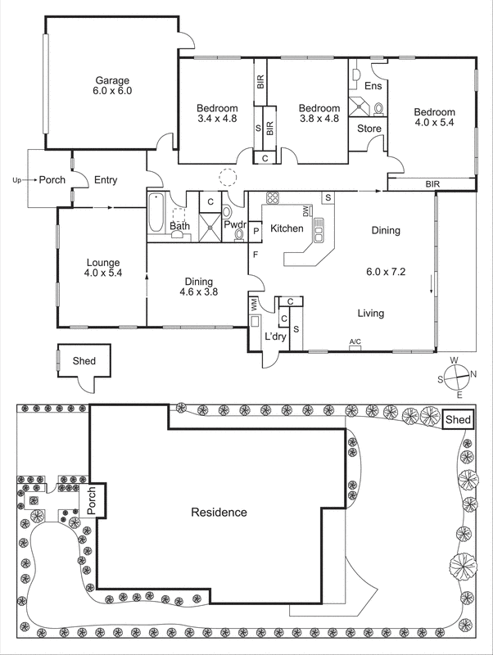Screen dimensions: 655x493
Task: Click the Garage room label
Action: [112, 79]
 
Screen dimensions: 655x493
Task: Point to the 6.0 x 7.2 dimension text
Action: [385, 269]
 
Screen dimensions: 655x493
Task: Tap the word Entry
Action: [106, 180]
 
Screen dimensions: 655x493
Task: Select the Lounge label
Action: [103, 263]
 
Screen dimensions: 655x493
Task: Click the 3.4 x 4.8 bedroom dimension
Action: [217, 120]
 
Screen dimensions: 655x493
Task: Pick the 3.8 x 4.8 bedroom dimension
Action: [318, 120]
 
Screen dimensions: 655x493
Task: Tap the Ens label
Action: [373, 85]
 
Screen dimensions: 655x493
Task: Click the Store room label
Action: [368, 128]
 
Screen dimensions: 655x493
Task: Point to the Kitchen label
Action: [287, 228]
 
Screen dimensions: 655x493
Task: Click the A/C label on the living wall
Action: [355, 341]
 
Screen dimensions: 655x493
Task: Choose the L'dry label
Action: [274, 337]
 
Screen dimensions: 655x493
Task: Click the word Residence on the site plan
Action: [219, 513]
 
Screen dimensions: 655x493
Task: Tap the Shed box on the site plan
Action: [458, 420]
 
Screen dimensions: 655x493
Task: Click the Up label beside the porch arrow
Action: [16, 180]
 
